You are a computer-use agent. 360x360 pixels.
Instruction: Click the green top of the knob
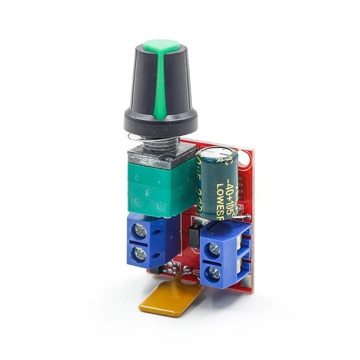tap(161, 45)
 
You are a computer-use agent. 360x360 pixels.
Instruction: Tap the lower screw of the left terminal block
tap(141, 255)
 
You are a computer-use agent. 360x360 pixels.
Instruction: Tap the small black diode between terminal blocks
tap(192, 238)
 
